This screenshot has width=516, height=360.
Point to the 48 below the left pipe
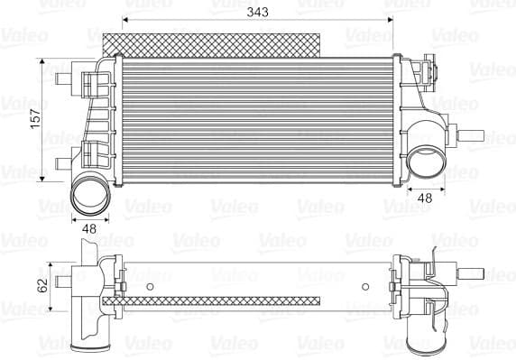point(88,229)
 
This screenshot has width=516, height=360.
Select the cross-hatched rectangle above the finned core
point(212,42)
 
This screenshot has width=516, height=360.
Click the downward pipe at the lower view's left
point(91,329)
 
